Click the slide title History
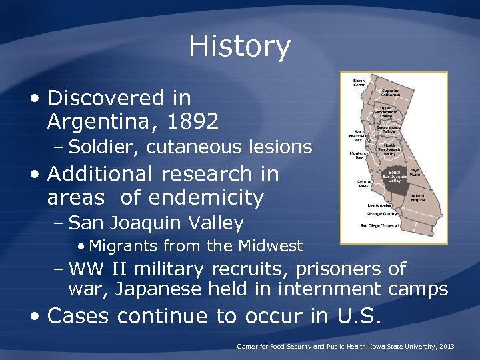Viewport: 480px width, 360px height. [239, 47]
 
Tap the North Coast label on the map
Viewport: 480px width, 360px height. [359, 83]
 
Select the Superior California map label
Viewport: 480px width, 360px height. [391, 92]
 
